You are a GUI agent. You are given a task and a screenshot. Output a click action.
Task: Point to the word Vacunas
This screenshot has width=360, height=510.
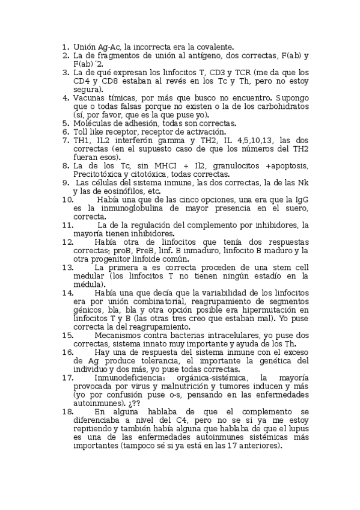pos(90,98)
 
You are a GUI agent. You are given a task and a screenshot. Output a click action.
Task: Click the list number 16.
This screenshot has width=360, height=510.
pos(68,352)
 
